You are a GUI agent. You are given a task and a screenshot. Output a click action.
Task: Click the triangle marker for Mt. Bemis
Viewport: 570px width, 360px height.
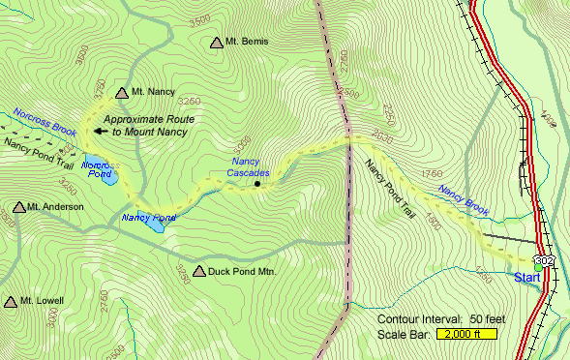pos(216,43)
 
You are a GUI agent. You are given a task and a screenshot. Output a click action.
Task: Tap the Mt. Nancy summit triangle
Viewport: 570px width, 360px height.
pos(122,93)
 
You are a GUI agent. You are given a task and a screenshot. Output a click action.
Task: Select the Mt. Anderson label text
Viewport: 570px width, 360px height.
pos(56,207)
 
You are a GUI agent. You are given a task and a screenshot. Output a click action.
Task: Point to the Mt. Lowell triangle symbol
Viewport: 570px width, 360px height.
pos(12,302)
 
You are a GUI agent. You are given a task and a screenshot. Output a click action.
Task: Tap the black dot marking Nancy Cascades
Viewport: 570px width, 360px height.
pos(257,183)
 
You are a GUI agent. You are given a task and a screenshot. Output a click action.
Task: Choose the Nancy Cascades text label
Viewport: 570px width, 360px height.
pos(250,165)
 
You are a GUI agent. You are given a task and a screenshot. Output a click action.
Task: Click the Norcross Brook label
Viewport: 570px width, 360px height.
pos(45,116)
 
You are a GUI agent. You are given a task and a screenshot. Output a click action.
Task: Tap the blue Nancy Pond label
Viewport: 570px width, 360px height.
pos(148,218)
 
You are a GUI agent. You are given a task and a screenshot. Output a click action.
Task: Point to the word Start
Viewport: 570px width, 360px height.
pos(526,279)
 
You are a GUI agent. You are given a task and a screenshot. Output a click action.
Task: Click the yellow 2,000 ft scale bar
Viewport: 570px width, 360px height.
pos(465,334)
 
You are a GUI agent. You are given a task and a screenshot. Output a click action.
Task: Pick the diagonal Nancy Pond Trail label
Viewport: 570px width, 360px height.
pos(391,190)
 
